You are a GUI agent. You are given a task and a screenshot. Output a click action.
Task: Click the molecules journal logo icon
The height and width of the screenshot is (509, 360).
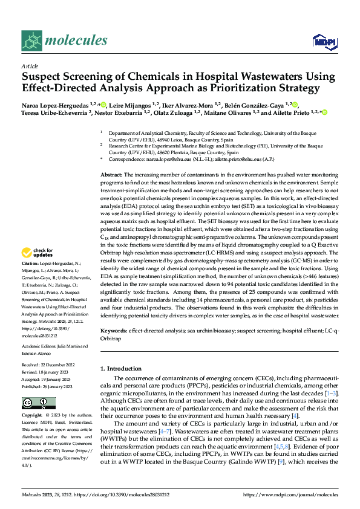(x=32, y=41)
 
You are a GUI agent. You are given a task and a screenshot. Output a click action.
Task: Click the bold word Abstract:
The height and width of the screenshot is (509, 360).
(x=113, y=174)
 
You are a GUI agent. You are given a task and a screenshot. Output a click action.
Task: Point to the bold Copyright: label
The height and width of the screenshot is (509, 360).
(x=32, y=416)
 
